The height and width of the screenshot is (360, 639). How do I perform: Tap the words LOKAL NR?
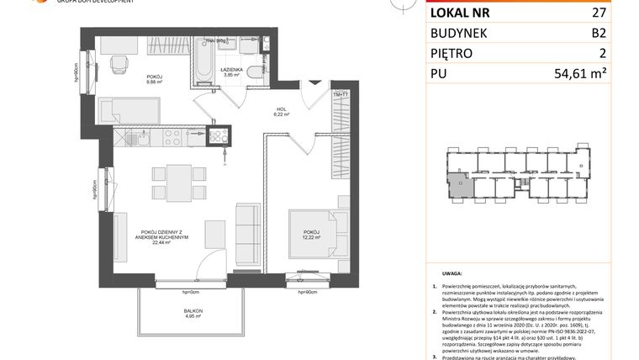[x=461, y=13]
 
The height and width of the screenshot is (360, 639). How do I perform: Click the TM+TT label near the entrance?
[x=341, y=95]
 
